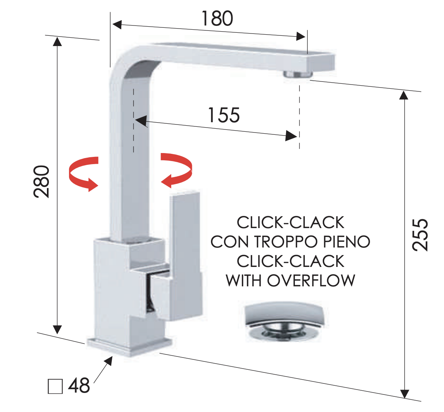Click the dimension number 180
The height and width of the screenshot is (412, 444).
tap(217, 18)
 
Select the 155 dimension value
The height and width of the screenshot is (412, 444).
tap(224, 115)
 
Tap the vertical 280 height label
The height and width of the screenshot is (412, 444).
tap(41, 181)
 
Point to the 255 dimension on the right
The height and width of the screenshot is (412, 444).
tap(420, 235)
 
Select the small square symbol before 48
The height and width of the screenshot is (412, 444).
tap(55, 386)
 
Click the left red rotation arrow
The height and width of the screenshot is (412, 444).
tap(84, 174)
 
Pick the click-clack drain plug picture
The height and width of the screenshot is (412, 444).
tap(284, 321)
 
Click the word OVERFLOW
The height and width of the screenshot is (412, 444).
tap(311, 280)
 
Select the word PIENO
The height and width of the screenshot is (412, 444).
tap(347, 242)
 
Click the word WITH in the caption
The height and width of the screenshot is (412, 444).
tap(243, 280)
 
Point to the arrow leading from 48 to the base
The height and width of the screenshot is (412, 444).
tap(103, 370)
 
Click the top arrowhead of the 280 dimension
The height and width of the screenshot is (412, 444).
tap(57, 41)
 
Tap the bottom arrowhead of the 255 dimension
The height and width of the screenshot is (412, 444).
tap(405, 394)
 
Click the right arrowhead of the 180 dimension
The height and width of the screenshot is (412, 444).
tap(301, 36)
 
